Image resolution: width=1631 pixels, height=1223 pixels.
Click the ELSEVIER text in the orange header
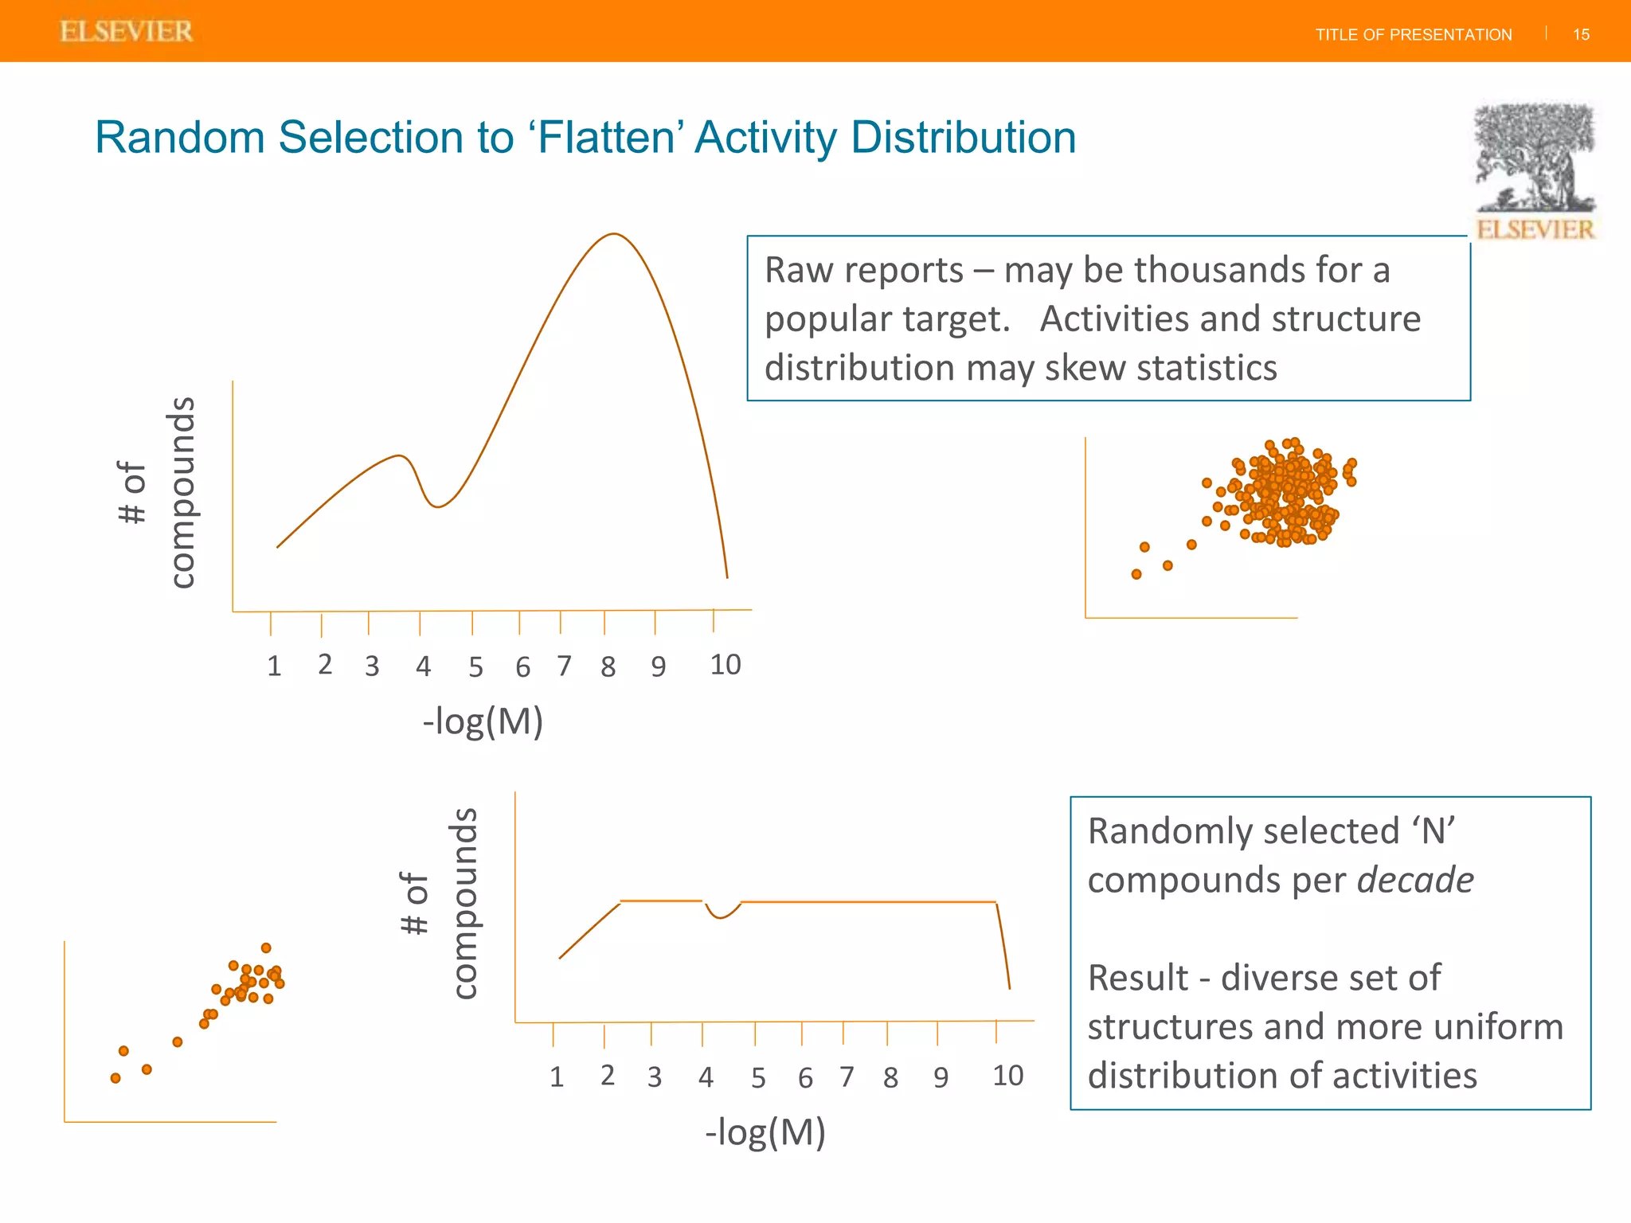pos(127,32)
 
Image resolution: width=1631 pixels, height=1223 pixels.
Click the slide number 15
pos(1581,34)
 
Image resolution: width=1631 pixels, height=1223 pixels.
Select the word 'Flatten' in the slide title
pos(607,137)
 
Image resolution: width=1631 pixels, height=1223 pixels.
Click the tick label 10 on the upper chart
pos(725,665)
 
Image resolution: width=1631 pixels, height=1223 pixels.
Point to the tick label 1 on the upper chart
pos(274,666)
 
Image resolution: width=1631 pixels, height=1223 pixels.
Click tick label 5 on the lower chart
pos(758,1078)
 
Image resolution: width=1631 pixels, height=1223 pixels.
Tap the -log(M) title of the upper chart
pos(483,721)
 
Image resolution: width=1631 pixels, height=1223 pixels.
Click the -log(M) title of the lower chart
pos(765,1131)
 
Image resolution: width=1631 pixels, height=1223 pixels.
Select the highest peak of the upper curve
pos(614,234)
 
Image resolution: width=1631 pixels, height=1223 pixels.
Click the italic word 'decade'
pos(1415,880)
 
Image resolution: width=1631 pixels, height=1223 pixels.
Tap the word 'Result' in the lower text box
pos(1137,978)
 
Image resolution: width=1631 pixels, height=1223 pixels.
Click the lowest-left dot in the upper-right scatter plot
pos(1136,574)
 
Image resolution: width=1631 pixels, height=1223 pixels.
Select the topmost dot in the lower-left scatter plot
pos(266,948)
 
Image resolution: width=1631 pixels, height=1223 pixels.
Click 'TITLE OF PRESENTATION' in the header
pos(1413,35)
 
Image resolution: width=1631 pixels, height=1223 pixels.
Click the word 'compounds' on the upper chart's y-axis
pos(182,492)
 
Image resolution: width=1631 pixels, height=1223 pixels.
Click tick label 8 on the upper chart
pos(608,666)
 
